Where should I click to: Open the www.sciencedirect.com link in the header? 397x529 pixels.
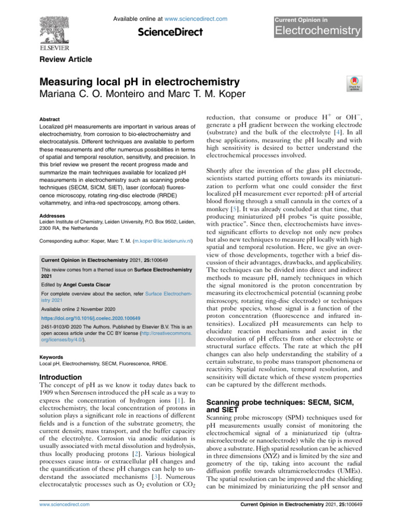click(193, 19)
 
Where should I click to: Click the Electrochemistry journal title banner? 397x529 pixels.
click(317, 30)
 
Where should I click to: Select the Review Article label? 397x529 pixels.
click(66, 59)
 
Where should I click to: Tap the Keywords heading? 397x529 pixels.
click(52, 356)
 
